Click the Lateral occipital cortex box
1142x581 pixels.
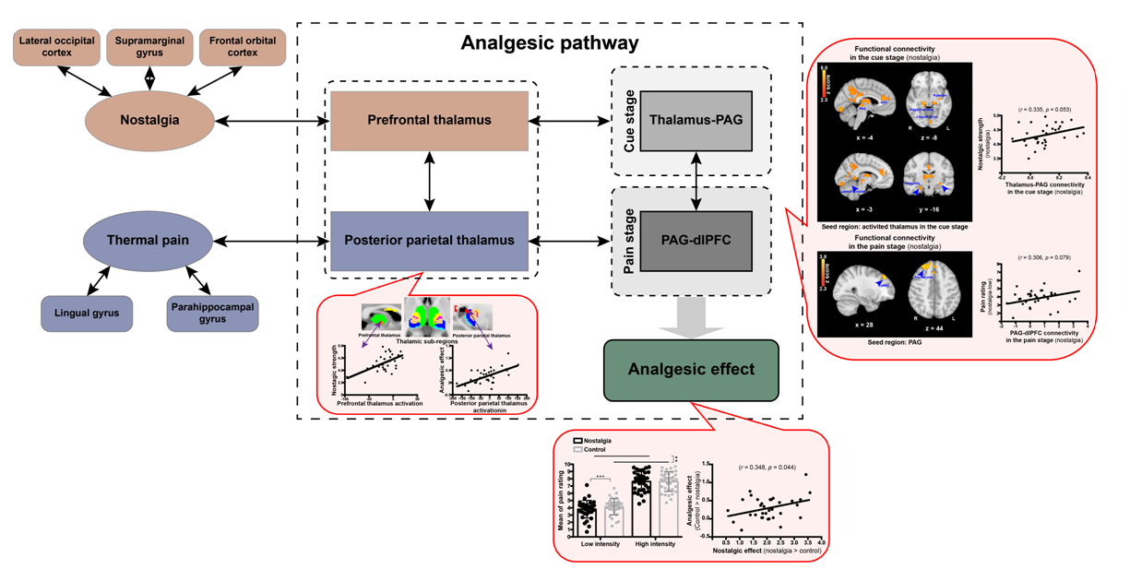[57, 47]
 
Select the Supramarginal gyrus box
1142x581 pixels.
[149, 47]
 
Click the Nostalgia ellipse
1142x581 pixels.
[149, 120]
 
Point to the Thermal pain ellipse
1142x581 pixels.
[148, 241]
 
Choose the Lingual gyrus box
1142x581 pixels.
[86, 314]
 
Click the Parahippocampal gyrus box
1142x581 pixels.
[212, 314]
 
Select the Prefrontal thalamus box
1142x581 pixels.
[429, 121]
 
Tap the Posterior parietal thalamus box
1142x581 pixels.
[429, 241]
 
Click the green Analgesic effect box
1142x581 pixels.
[691, 370]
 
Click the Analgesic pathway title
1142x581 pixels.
[549, 42]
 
